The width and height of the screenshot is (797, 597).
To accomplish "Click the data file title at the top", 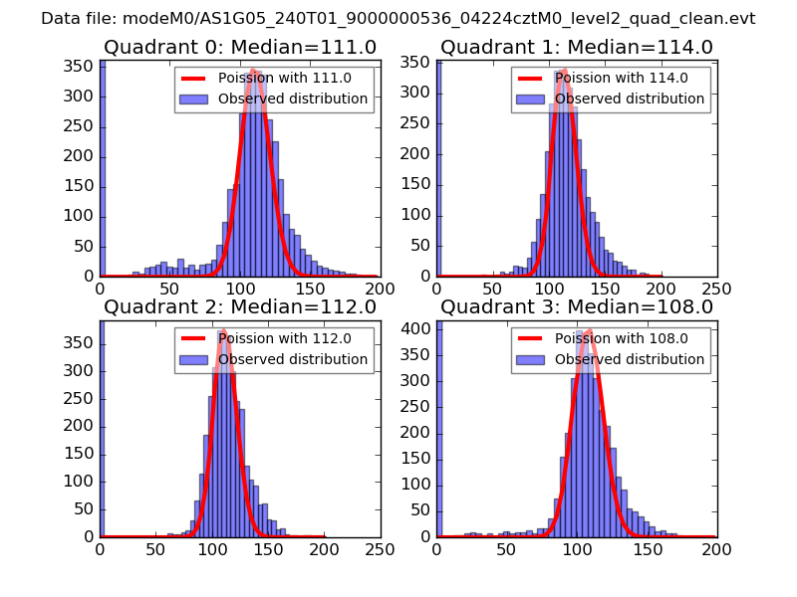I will click(398, 19).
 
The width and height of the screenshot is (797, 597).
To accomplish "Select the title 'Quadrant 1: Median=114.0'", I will click(577, 48).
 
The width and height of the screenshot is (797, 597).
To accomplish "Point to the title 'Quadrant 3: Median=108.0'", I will click(577, 307).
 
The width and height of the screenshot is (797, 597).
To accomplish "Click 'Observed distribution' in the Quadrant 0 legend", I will click(292, 99).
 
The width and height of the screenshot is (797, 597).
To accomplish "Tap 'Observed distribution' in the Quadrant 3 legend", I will click(629, 359).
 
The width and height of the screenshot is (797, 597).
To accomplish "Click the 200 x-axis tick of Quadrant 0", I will click(380, 289).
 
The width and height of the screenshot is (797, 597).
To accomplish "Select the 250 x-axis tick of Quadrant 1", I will click(716, 289).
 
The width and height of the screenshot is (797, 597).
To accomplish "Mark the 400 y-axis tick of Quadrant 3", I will click(418, 328).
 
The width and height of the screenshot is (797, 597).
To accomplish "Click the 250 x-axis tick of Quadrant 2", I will click(380, 548).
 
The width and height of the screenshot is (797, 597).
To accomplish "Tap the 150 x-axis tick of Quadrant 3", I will click(647, 548).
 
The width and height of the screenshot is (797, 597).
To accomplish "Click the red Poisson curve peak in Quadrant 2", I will click(223, 329).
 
